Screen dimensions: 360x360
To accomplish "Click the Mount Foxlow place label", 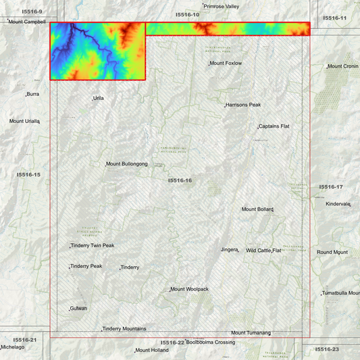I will [226, 63].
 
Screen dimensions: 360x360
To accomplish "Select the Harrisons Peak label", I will [243, 105].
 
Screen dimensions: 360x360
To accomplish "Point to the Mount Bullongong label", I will [127, 164].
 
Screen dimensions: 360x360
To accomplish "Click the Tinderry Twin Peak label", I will [93, 245].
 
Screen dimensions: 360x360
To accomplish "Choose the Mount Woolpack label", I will [190, 289].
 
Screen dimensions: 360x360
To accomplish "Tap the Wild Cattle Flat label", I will [263, 251].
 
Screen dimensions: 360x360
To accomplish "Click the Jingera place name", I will [230, 250].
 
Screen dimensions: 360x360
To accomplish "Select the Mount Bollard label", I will [257, 209].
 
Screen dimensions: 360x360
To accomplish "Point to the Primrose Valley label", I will [222, 6].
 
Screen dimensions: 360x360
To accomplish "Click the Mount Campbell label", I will [27, 22].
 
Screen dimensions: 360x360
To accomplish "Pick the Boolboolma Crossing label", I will [211, 342].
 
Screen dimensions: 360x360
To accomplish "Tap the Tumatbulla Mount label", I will [341, 293].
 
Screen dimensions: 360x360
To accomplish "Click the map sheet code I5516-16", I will [180, 180].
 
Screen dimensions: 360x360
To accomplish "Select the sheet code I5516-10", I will [187, 14].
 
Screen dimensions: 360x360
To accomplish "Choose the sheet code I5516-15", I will [29, 174].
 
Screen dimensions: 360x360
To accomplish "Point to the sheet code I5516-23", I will [327, 349].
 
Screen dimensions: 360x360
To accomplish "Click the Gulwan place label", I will [78, 309].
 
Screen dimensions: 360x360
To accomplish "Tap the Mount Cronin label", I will [343, 67].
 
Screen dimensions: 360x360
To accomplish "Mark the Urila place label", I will [99, 98].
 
